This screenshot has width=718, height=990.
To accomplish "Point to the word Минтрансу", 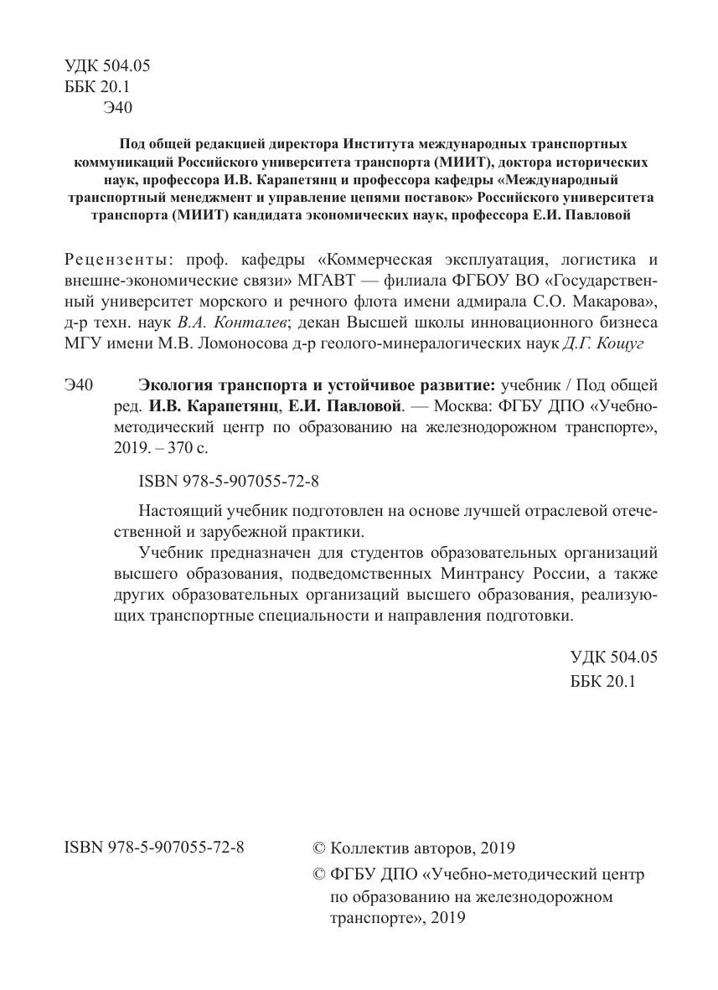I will pos(474,572).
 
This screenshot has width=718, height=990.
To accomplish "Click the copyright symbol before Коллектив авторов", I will pos(318,848).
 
